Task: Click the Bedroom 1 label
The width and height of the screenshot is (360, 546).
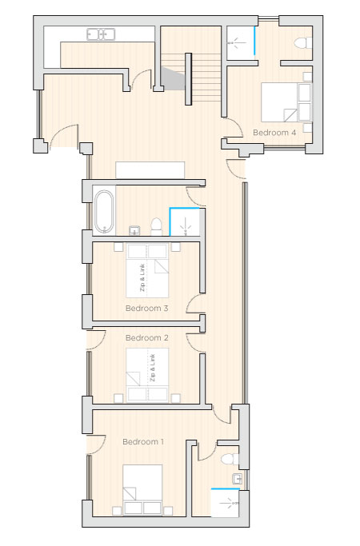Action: point(143,442)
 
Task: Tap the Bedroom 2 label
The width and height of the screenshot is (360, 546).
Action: point(146,338)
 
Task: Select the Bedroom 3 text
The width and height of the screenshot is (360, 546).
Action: point(146,308)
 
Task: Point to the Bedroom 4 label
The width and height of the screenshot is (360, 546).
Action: point(274,133)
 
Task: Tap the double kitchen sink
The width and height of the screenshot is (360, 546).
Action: point(101,34)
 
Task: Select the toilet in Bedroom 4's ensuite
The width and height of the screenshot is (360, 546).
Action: point(303,43)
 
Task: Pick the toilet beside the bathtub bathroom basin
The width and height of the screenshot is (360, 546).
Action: point(156,226)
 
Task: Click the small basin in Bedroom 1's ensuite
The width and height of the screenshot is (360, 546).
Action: point(238,479)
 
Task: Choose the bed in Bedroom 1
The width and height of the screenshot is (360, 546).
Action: point(142,489)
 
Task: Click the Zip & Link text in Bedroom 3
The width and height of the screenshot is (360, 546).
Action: point(142,277)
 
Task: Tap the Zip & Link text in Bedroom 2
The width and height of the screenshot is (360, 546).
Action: point(152,368)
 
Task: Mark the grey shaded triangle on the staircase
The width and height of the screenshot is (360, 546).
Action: point(172,78)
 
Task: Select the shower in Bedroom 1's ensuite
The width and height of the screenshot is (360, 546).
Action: point(225,503)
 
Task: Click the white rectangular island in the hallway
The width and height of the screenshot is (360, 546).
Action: point(150,170)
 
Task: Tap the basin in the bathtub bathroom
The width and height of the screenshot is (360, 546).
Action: point(134,230)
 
